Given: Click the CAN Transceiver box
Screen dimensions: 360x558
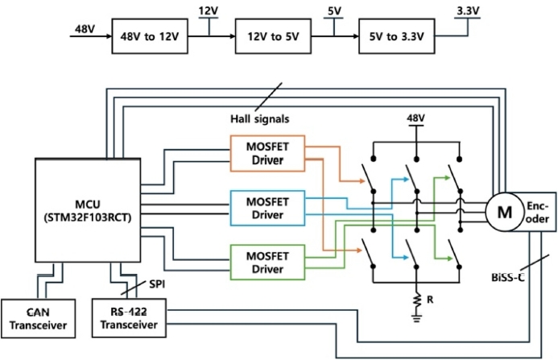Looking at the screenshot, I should pos(37,318).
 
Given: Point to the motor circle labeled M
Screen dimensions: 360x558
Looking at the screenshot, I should pos(505,211).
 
